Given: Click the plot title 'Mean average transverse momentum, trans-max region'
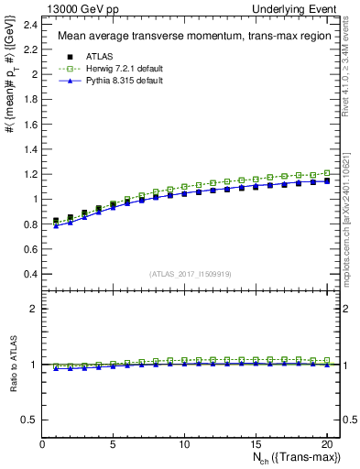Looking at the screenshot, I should (x=187, y=37).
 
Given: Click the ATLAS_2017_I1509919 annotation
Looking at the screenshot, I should (x=191, y=273).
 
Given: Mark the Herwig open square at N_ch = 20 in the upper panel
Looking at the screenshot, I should (x=326, y=173).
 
